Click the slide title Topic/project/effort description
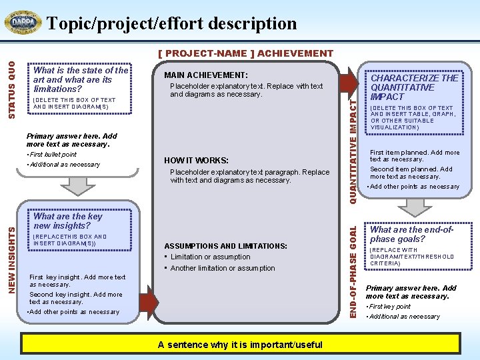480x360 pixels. tap(171, 23)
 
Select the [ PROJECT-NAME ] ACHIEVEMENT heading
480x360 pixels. tap(245, 53)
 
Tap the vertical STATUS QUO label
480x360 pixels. tap(11, 87)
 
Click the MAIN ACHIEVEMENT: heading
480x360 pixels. tap(206, 75)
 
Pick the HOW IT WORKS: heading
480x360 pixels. tap(196, 160)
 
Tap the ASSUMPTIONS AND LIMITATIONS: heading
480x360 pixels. tap(225, 245)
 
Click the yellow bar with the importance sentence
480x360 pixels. tap(240, 344)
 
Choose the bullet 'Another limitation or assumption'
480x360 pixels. tap(222, 268)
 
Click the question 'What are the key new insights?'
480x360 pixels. tap(68, 221)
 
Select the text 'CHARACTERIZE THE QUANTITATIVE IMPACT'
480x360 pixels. tap(415, 87)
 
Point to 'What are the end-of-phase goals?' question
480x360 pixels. tap(412, 234)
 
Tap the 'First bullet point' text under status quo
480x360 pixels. tap(53, 155)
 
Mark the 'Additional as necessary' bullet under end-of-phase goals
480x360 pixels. tap(405, 317)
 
